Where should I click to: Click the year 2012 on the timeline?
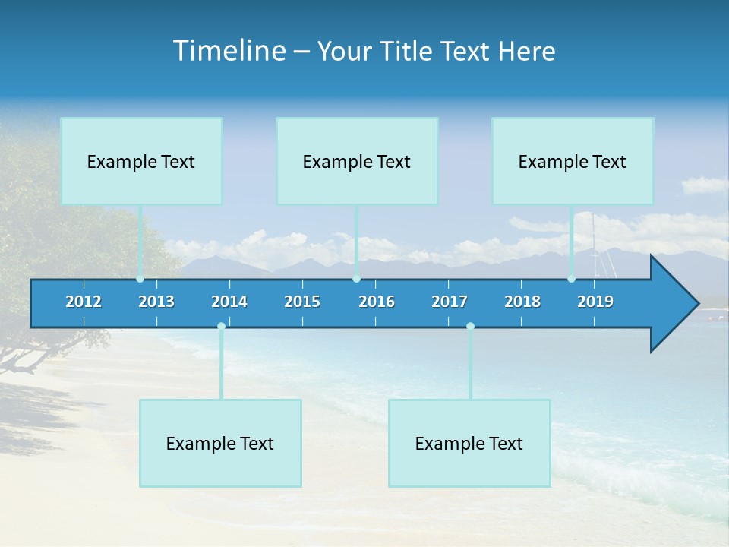point(84,302)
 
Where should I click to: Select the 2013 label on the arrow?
point(156,302)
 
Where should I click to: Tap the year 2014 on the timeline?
point(229,302)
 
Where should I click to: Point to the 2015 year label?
point(302,302)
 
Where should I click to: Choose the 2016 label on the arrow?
point(377,302)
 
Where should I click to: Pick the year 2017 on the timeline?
point(450,302)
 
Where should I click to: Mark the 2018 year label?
point(522,302)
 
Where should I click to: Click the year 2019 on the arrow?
point(595,302)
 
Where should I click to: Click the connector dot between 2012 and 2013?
point(140,279)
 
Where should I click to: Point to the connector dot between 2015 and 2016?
point(357,279)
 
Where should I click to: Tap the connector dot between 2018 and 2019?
point(571,279)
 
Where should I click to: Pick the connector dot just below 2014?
point(221,327)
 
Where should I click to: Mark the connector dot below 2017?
point(470,327)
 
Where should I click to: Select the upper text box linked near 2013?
point(141,161)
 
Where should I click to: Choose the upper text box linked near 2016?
point(357,161)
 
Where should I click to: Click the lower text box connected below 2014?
point(220,443)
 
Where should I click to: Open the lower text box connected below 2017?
point(469,443)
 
